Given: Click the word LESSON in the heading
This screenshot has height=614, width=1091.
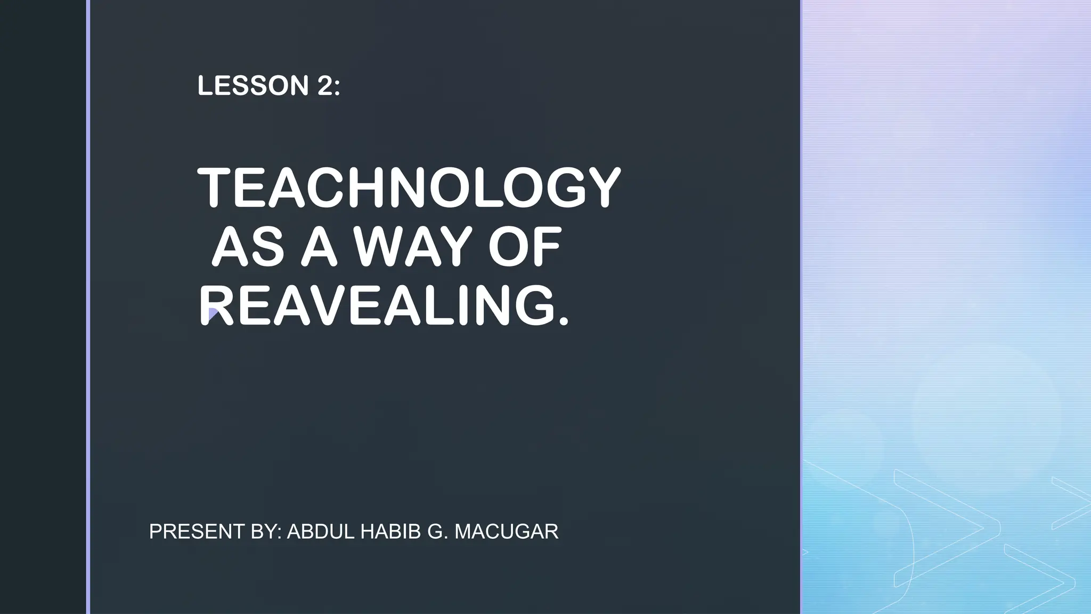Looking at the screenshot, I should tap(253, 86).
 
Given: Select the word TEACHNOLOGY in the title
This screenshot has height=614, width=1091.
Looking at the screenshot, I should tap(409, 188).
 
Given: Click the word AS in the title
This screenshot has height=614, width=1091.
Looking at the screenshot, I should tap(249, 248).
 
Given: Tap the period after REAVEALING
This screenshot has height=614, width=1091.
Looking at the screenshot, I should tap(564, 320).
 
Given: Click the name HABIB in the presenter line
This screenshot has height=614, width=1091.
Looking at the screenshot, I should tap(390, 531).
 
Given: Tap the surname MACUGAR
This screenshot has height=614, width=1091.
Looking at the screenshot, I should tap(507, 531).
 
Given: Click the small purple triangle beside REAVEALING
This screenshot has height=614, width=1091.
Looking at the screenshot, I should tap(213, 314).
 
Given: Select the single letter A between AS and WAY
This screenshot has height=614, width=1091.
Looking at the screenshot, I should tap(319, 248).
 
